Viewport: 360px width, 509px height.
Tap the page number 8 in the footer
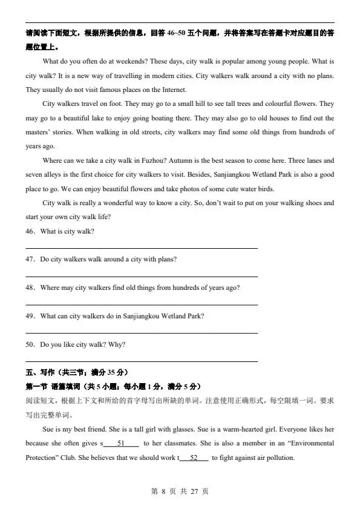[163, 491]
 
